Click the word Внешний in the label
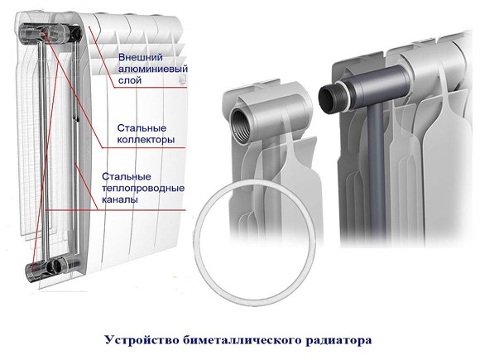point(141,58)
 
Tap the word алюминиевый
point(153,69)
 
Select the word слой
point(130,80)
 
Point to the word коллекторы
point(146,140)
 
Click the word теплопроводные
point(143,188)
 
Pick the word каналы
point(120,199)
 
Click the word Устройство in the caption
point(142,340)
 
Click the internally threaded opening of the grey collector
point(241,126)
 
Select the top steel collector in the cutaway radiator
point(50,32)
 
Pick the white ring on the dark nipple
point(341,92)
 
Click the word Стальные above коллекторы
point(142,128)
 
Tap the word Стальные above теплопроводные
point(127,176)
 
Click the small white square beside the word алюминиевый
point(182,79)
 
